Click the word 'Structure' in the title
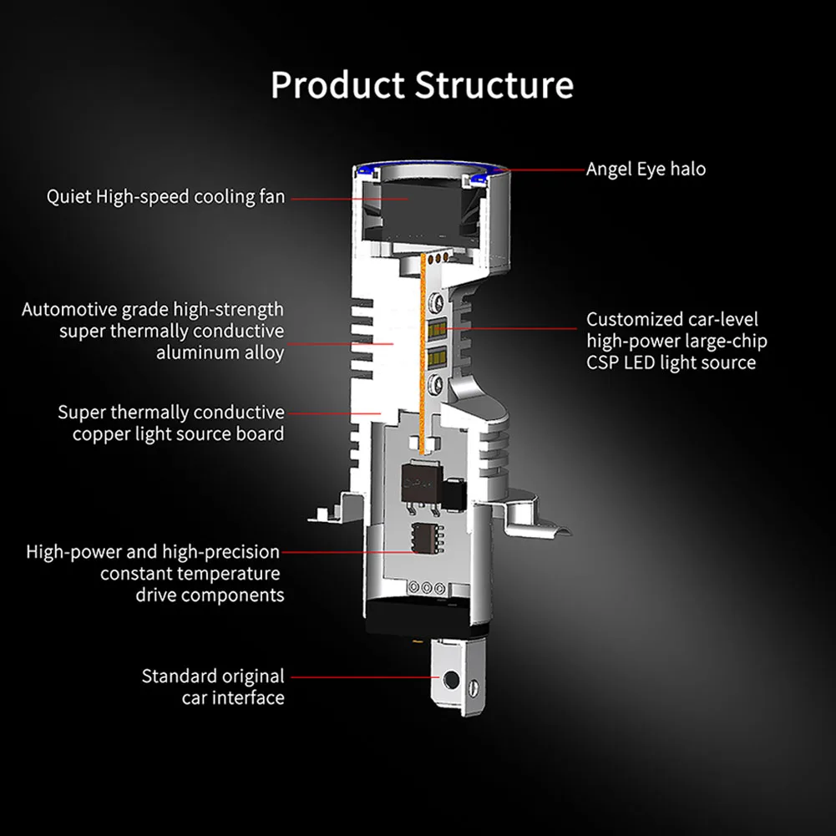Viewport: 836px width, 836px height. click(x=494, y=85)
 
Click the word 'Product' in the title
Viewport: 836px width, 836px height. click(x=337, y=85)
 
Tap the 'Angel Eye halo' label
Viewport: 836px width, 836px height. click(x=646, y=169)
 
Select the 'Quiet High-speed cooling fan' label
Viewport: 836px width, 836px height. click(x=165, y=197)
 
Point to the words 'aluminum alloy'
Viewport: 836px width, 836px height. click(x=220, y=352)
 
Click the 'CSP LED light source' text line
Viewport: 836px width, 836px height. click(x=671, y=362)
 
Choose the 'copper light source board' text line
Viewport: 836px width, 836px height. click(x=178, y=433)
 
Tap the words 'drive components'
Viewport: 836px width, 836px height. click(x=209, y=595)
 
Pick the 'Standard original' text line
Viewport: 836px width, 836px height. click(x=212, y=676)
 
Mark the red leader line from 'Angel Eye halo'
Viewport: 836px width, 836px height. click(x=543, y=170)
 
